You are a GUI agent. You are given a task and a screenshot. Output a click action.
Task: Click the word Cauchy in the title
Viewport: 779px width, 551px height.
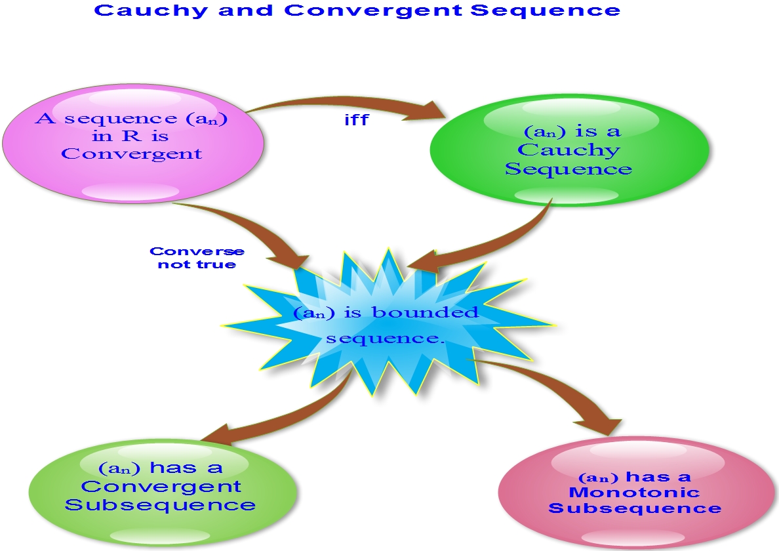pyautogui.click(x=151, y=10)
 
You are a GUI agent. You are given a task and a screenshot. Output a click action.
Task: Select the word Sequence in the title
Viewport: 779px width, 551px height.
pyautogui.click(x=545, y=10)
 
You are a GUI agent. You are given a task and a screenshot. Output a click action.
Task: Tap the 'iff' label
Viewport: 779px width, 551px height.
pyautogui.click(x=357, y=120)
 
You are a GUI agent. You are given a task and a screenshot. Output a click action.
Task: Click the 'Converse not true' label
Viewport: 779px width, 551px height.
pyautogui.click(x=197, y=257)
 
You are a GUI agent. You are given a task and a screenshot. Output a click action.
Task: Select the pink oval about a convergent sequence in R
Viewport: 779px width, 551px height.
pyautogui.click(x=133, y=142)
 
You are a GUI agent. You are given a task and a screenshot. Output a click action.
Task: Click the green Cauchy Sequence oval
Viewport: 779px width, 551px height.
pyautogui.click(x=569, y=150)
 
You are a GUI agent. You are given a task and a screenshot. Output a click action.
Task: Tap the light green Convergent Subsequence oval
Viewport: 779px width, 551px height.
pyautogui.click(x=163, y=491)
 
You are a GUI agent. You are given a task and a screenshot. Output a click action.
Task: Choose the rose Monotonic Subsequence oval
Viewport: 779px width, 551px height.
pyautogui.click(x=637, y=492)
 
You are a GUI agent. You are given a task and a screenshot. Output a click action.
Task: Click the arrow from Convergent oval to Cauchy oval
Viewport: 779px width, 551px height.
pyautogui.click(x=348, y=102)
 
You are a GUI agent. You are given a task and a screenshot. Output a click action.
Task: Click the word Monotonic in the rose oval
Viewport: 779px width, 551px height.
pyautogui.click(x=635, y=493)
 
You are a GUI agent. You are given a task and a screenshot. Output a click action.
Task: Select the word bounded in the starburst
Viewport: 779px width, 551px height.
pyautogui.click(x=426, y=312)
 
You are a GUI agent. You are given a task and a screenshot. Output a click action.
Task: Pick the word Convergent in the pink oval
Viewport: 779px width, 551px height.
pyautogui.click(x=132, y=154)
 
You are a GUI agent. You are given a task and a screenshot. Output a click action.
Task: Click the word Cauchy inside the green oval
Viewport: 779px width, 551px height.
pyautogui.click(x=569, y=150)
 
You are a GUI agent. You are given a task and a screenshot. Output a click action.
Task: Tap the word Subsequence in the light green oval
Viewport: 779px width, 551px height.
pyautogui.click(x=160, y=505)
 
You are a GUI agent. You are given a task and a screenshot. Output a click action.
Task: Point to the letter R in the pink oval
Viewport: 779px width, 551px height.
pyautogui.click(x=132, y=136)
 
